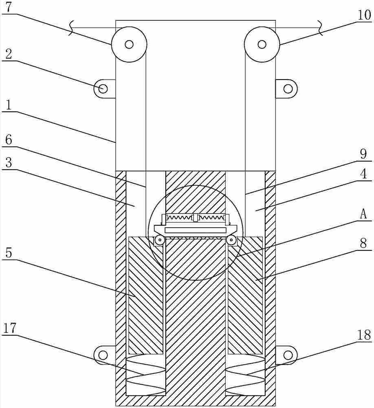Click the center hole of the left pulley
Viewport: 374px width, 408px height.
pyautogui.click(x=129, y=44)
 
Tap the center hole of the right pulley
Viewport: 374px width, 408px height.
pyautogui.click(x=262, y=44)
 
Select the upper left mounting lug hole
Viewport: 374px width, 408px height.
pyautogui.click(x=102, y=88)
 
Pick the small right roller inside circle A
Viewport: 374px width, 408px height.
pyautogui.click(x=232, y=240)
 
